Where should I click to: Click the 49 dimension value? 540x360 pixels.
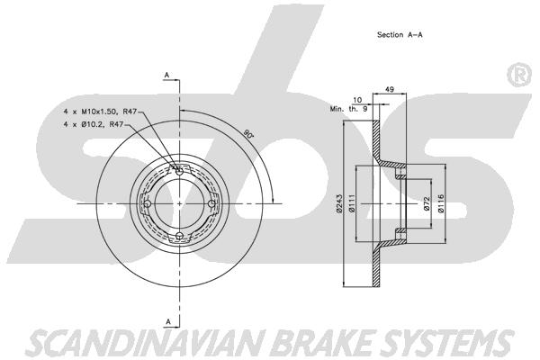click(x=389, y=88)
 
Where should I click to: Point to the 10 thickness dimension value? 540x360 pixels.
click(x=356, y=100)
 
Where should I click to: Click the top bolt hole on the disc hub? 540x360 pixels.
click(x=179, y=171)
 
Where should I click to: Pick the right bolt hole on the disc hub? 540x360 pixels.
click(x=212, y=203)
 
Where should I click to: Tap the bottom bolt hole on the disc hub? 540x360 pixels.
click(x=179, y=237)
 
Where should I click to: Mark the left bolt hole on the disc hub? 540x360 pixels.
click(x=146, y=203)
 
